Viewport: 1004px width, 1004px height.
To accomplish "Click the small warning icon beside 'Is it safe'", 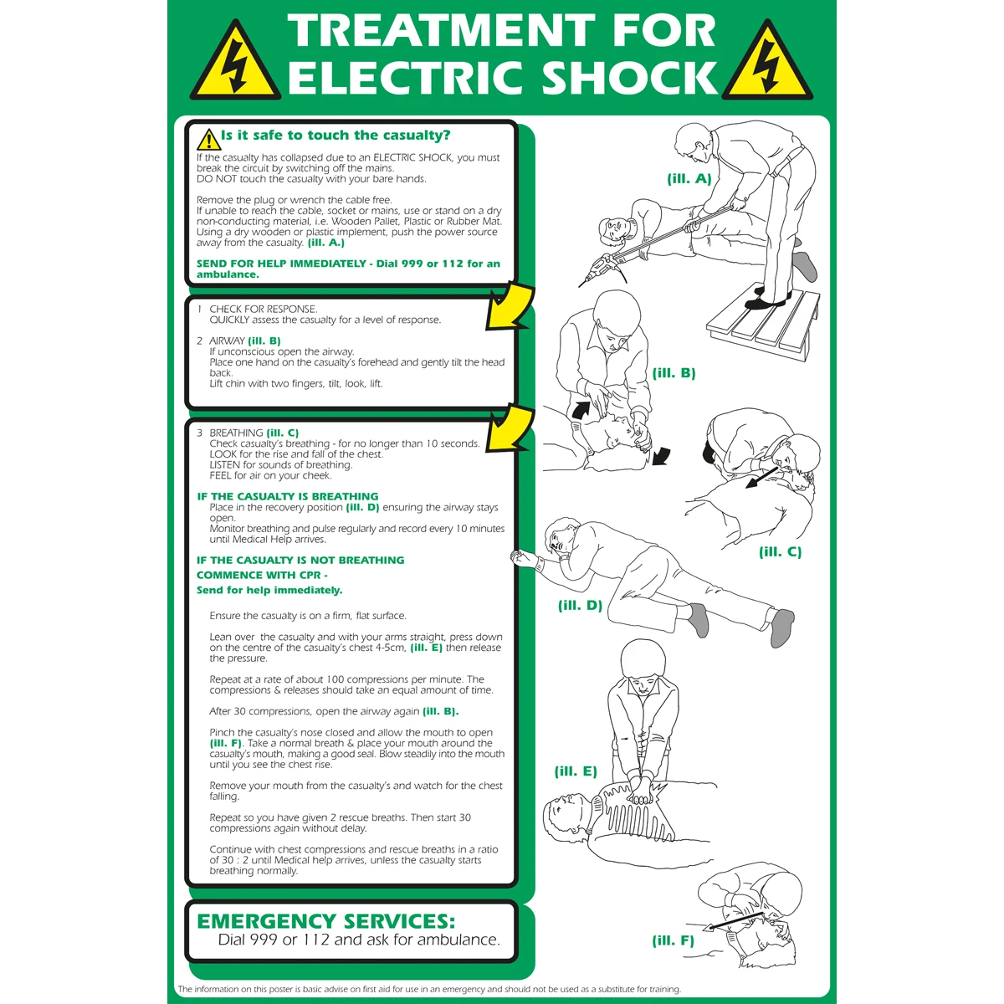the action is point(208,140).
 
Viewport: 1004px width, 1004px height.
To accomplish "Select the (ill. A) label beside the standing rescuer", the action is point(689,179).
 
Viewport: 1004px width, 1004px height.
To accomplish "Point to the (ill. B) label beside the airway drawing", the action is point(674,373).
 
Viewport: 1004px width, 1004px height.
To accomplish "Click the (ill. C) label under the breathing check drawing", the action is point(780,551).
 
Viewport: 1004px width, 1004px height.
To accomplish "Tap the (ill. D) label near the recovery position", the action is point(580,606).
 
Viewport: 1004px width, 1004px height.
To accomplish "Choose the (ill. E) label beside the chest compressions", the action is point(575,771).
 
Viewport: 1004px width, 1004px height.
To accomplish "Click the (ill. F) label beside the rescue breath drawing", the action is point(674,940).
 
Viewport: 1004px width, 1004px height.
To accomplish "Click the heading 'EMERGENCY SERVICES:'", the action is point(325,922).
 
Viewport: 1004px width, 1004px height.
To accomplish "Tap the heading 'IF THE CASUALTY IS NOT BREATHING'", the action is point(300,560).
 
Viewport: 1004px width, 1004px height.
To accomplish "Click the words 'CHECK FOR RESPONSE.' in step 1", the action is point(263,309).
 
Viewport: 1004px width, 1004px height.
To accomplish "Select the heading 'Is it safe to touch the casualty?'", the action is point(336,136).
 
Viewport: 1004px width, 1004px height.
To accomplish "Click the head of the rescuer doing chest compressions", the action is point(643,659).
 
